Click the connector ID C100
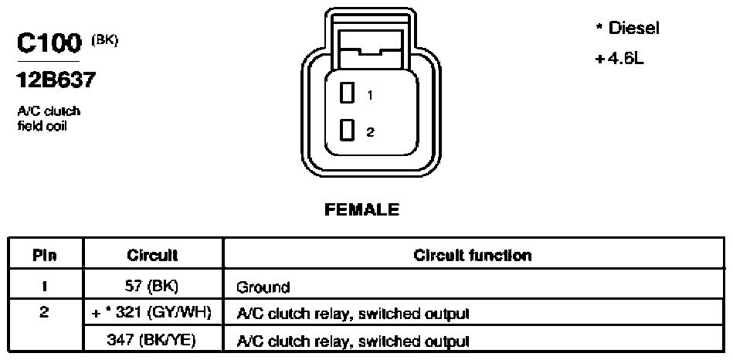coord(49,44)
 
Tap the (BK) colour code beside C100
coord(105,41)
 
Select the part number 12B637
coord(56,81)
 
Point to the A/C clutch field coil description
coord(49,119)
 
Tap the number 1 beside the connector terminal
coord(370,95)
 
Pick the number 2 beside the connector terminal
coord(370,132)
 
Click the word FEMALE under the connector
coord(361,210)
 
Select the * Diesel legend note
coord(627,29)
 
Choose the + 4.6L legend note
coord(619,59)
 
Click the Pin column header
coord(45,255)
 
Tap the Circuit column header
coord(152,255)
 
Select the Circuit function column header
coord(473,255)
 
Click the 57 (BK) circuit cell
coord(152,286)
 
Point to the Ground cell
coord(263,287)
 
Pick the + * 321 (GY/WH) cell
coord(152,313)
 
